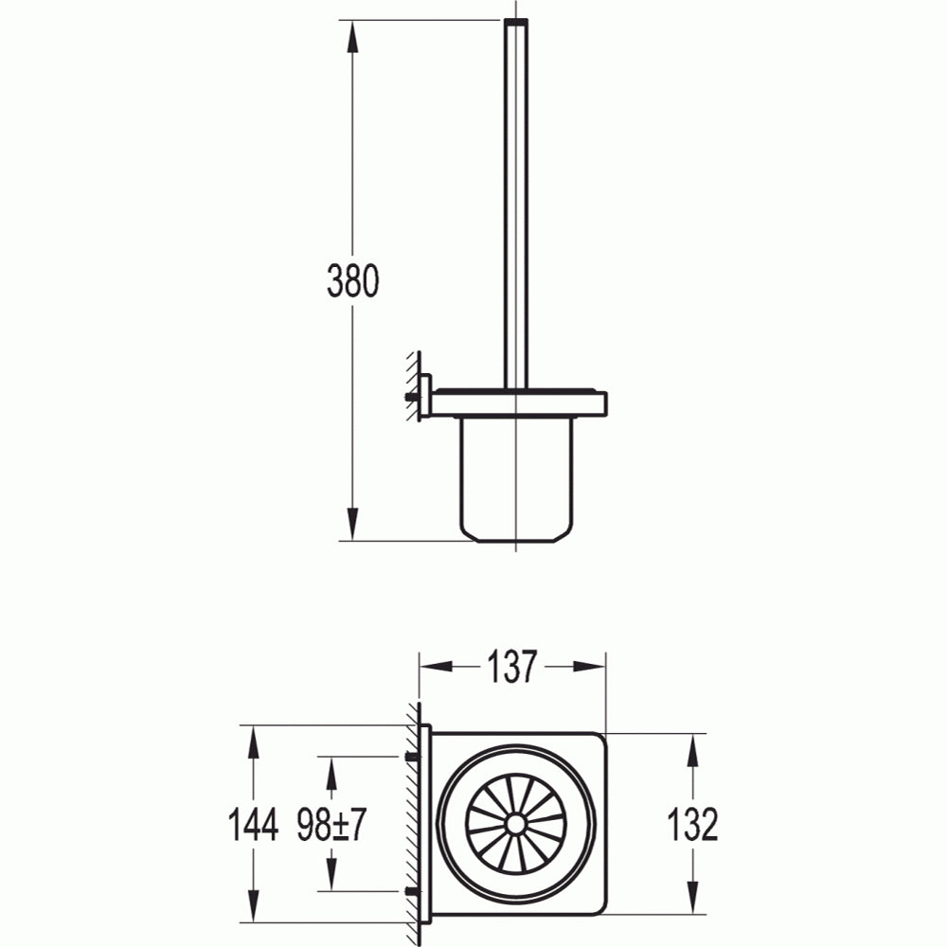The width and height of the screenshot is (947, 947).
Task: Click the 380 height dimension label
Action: [352, 281]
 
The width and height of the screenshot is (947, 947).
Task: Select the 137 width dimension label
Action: [511, 667]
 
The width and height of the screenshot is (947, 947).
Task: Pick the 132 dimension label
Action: [693, 824]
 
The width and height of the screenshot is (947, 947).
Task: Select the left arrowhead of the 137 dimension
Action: [436, 667]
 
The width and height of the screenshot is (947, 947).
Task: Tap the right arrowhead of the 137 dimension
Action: [589, 667]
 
